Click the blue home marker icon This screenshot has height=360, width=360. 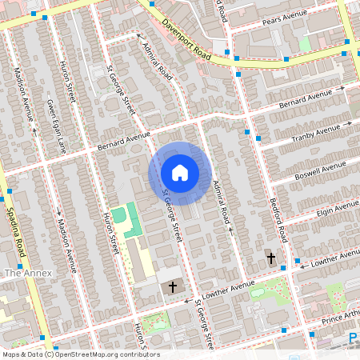tap(180, 173)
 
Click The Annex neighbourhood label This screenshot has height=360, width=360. tap(28, 273)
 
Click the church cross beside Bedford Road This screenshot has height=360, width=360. tap(270, 258)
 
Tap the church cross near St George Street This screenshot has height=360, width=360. tap(170, 286)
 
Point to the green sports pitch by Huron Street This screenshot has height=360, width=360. tap(119, 215)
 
